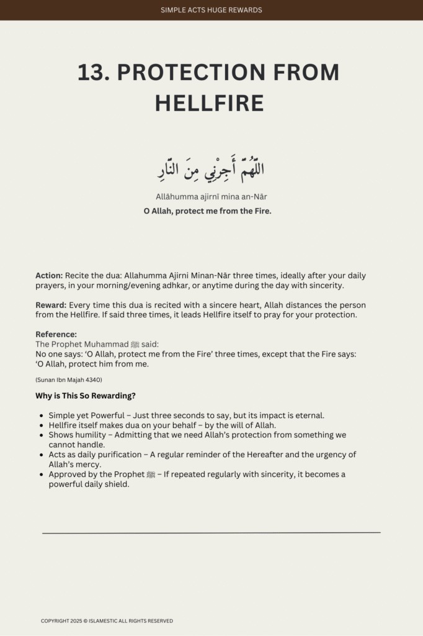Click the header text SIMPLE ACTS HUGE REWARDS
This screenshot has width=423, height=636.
click(x=211, y=10)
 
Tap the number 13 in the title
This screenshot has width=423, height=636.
click(x=93, y=73)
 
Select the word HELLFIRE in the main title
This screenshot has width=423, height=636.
click(x=209, y=103)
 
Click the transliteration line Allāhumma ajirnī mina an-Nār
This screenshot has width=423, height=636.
click(x=211, y=197)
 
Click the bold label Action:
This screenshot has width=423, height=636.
click(x=48, y=275)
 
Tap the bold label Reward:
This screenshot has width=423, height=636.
click(x=51, y=306)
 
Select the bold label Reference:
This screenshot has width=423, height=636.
click(x=56, y=334)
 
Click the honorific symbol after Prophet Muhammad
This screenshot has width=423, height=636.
click(x=131, y=344)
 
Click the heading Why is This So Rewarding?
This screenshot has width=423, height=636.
click(x=85, y=396)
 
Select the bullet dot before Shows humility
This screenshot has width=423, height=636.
click(x=42, y=435)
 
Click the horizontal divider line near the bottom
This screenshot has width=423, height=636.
click(x=211, y=532)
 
